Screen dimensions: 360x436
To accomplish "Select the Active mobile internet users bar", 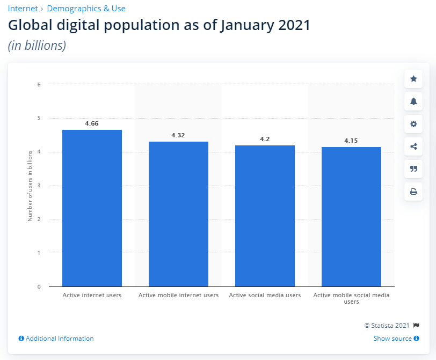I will [178, 214].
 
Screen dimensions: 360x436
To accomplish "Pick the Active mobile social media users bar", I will [351, 217].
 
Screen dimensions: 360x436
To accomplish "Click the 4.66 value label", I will [92, 123].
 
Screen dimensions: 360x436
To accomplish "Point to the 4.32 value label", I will [178, 135].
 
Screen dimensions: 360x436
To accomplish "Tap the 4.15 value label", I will [351, 141].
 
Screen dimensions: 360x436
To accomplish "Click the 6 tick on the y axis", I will [39, 84].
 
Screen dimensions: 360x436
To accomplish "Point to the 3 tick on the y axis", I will [39, 186].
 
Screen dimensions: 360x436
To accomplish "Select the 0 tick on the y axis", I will [39, 287].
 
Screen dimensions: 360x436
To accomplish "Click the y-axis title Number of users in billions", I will [30, 186].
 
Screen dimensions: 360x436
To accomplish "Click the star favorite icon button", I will [413, 79].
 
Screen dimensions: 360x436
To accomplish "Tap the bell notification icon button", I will [413, 101].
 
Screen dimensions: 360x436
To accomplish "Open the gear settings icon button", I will [413, 124].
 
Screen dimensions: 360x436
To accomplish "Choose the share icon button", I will [413, 146].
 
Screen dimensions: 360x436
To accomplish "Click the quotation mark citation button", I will [413, 169].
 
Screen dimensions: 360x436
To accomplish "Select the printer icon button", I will [413, 192].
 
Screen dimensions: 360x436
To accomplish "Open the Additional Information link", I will [60, 339].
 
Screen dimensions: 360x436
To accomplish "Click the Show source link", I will [393, 339].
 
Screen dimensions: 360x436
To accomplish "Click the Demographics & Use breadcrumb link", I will [86, 9].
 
